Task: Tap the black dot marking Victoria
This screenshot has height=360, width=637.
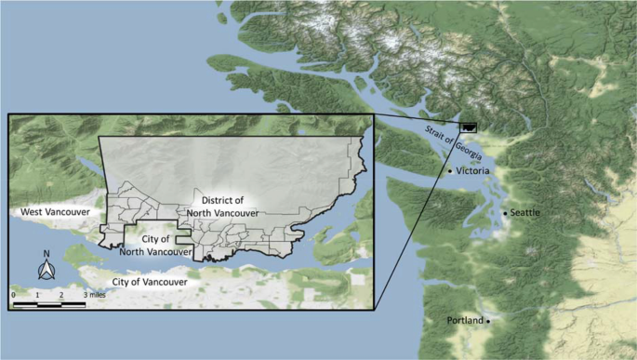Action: coord(451,171)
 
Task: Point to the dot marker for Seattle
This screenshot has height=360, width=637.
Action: coord(506,214)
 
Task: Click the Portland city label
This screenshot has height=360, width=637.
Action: coord(465,320)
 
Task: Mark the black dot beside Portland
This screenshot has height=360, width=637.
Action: coord(488,321)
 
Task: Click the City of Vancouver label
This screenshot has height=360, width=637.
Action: coord(149,281)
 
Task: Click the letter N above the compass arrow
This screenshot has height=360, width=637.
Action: coord(45,253)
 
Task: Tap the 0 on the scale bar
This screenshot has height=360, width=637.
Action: coord(14,294)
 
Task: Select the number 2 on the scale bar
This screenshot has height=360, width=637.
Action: coord(61,294)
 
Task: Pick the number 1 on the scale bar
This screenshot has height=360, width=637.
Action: coord(38,294)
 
